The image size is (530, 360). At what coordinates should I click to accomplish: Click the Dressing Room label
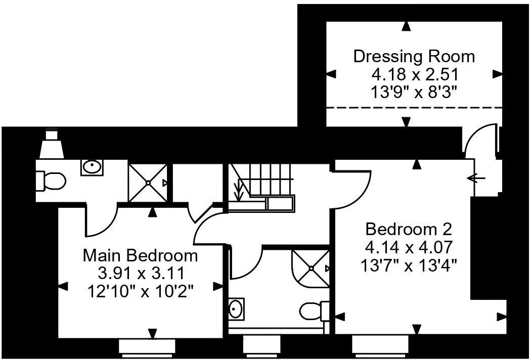pos(414,56)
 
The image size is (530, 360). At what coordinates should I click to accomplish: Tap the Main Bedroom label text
pos(140,255)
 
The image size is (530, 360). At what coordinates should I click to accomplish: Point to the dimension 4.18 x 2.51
pos(414,75)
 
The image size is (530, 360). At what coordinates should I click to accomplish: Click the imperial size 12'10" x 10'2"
pos(140,292)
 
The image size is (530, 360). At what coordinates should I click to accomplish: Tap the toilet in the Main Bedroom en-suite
pos(51,180)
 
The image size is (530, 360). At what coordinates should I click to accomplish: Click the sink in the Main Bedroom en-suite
pos(92,166)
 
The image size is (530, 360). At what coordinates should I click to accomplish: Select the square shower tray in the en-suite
pos(147,183)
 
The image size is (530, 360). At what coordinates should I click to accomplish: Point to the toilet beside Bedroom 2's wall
pos(314,310)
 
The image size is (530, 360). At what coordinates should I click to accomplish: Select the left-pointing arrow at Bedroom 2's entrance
pos(476,178)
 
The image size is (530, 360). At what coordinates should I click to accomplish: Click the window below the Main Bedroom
pos(147,346)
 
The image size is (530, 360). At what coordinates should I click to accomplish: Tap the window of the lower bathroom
pos(261,346)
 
